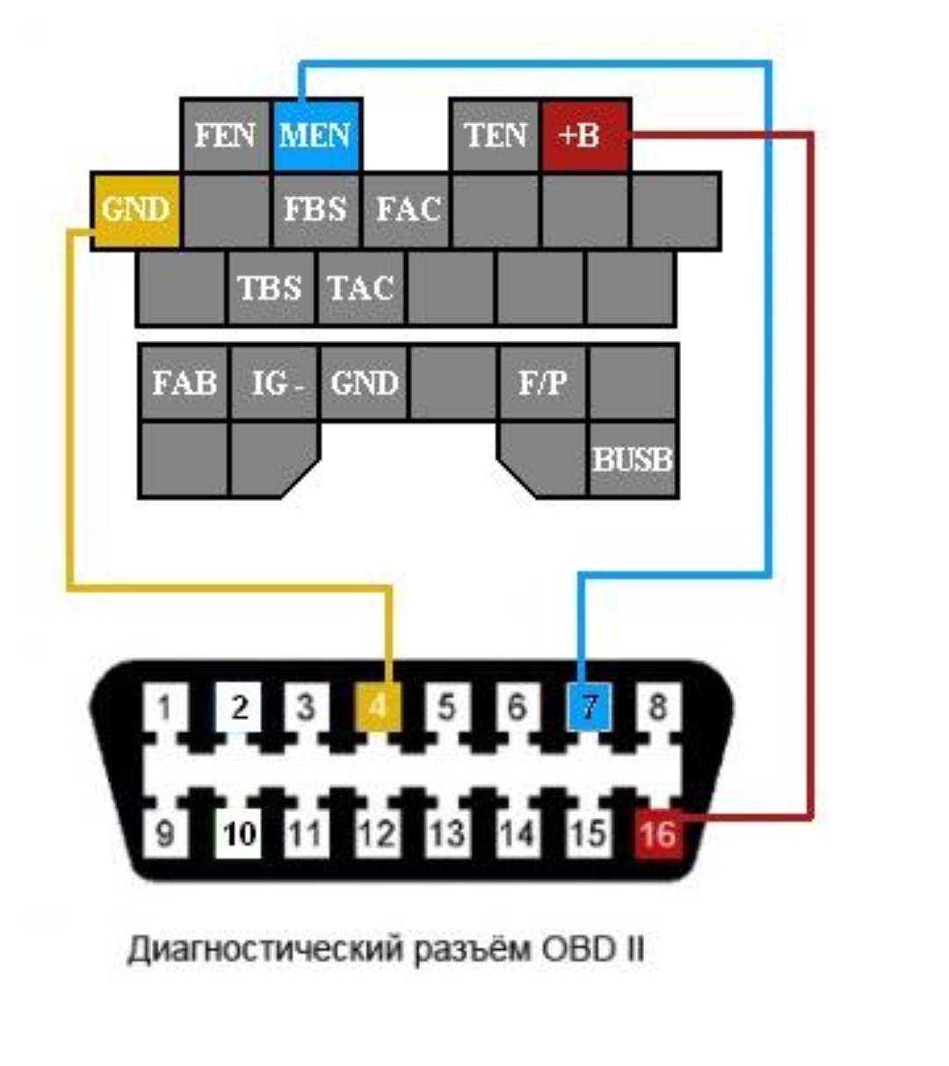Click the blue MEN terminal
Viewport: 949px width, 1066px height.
coord(315,135)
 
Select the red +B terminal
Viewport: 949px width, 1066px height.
coord(585,135)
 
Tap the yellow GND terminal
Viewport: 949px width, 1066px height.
coord(135,210)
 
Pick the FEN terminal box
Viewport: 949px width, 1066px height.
coord(225,135)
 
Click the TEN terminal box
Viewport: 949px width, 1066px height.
coord(496,135)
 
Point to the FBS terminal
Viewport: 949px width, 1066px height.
coord(315,210)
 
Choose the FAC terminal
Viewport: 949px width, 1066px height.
coord(406,210)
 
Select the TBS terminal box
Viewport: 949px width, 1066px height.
coord(271,288)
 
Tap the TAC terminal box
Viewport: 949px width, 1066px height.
coord(360,288)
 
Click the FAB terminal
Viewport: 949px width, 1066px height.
coord(185,383)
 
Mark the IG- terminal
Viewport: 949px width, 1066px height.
coord(275,383)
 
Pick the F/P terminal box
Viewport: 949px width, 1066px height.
coord(543,383)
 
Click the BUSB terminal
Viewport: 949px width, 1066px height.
coord(633,460)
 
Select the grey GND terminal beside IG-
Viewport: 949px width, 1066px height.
coord(365,383)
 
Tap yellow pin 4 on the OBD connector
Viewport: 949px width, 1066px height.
coord(377,707)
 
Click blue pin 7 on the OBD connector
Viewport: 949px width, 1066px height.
coord(589,707)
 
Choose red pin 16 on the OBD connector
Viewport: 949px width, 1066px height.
coord(657,833)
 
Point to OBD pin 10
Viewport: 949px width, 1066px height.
coord(238,833)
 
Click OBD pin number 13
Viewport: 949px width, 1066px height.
coord(447,833)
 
